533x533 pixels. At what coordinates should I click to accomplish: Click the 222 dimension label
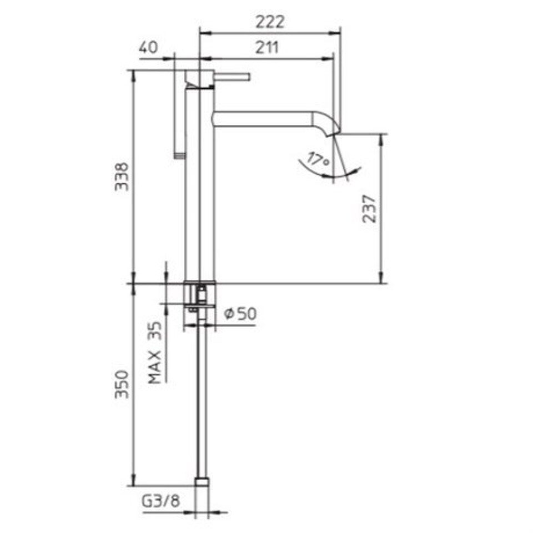270,22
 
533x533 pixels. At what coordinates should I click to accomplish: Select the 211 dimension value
267,48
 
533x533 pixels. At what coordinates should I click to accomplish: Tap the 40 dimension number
148,47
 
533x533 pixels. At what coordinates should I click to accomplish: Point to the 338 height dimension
122,177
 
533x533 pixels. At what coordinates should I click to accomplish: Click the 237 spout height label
370,208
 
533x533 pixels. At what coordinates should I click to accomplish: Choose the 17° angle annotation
318,159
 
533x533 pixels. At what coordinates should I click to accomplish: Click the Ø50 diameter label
240,313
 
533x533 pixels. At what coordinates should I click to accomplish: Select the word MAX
155,368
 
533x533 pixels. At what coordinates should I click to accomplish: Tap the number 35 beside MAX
155,331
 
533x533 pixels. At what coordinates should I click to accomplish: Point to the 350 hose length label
122,384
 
